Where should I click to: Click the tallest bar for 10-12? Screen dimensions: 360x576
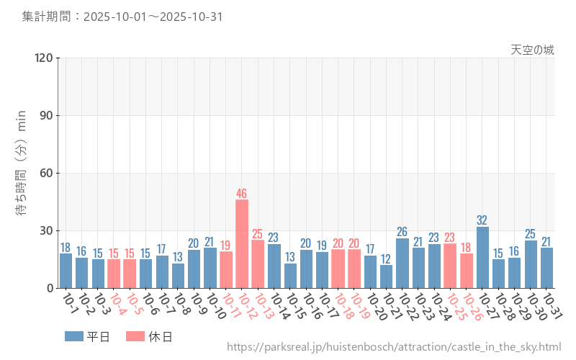tap(242, 243)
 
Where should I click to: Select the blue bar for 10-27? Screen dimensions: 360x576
tap(482, 257)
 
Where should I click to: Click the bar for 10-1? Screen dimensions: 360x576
tap(66, 271)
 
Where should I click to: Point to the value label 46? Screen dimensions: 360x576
tap(242, 193)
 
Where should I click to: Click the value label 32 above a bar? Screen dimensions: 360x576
tap(482, 220)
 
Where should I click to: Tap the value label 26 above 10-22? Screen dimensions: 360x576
tap(402, 232)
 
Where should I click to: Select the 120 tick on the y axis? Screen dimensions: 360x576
tap(44, 58)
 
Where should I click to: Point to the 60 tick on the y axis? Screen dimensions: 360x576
tap(47, 173)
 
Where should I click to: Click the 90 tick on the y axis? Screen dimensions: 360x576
tap(47, 115)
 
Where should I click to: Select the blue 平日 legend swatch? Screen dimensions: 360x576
tap(74, 336)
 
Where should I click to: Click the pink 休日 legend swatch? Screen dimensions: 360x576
tap(135, 336)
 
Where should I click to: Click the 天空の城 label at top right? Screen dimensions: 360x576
tap(532, 50)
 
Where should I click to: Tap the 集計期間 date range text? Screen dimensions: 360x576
tap(122, 16)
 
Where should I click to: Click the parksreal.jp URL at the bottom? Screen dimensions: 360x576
tap(394, 347)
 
